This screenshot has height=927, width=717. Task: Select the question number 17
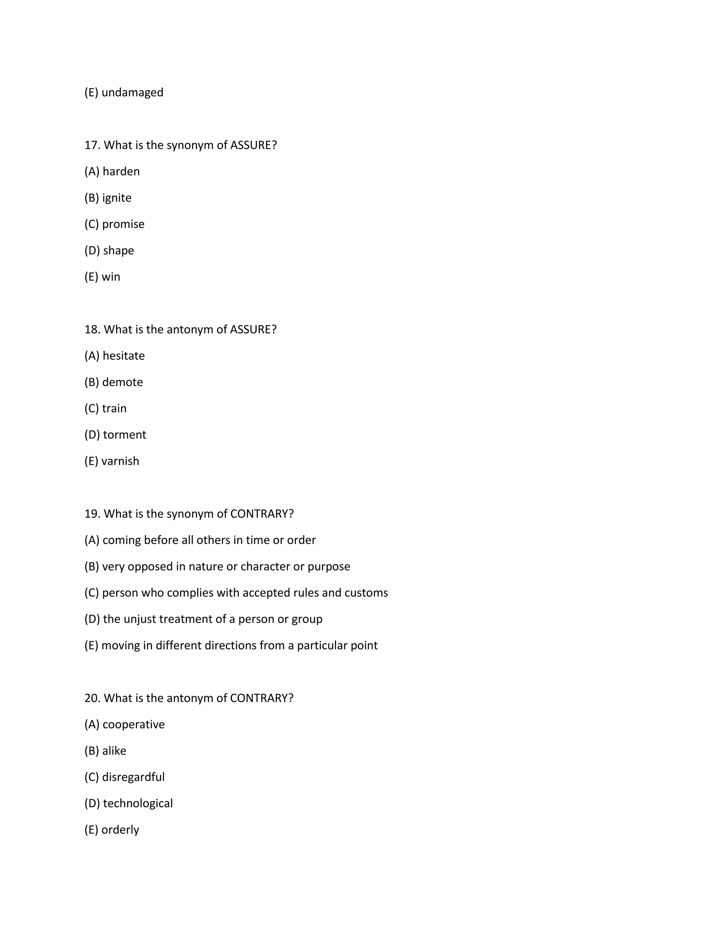92,145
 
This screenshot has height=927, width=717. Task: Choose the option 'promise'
123,224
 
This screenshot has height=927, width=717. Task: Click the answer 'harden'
121,171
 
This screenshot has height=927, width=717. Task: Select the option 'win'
111,277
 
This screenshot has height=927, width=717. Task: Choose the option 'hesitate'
124,356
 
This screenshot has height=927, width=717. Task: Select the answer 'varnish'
120,461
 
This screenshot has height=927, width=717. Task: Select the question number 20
92,698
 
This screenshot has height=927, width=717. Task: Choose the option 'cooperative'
133,724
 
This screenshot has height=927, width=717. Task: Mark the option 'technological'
138,803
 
